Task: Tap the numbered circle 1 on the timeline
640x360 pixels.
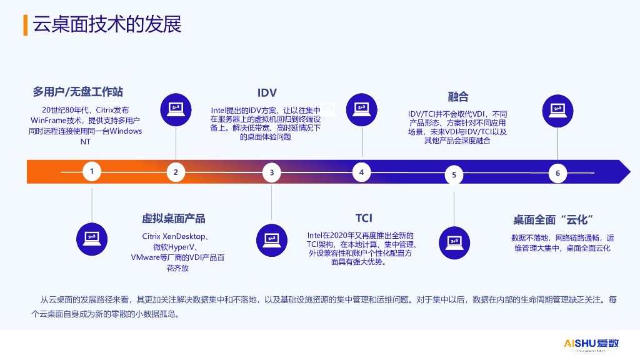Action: pos(92,171)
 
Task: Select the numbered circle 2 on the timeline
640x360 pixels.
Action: pos(176,172)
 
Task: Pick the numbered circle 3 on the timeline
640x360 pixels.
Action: pos(272,172)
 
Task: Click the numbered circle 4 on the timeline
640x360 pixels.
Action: pos(362,171)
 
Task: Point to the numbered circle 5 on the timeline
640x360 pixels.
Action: pos(454,174)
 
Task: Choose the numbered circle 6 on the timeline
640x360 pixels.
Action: pos(557,173)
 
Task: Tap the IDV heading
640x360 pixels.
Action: pos(267,93)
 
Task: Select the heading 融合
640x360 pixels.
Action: pos(458,96)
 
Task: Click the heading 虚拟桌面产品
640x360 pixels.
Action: pos(173,218)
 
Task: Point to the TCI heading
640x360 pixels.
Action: pos(364,218)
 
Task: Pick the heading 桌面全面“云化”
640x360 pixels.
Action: pos(553,219)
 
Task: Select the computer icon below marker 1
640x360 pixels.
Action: pos(92,236)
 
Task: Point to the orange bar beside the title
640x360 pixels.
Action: pos(25,24)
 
